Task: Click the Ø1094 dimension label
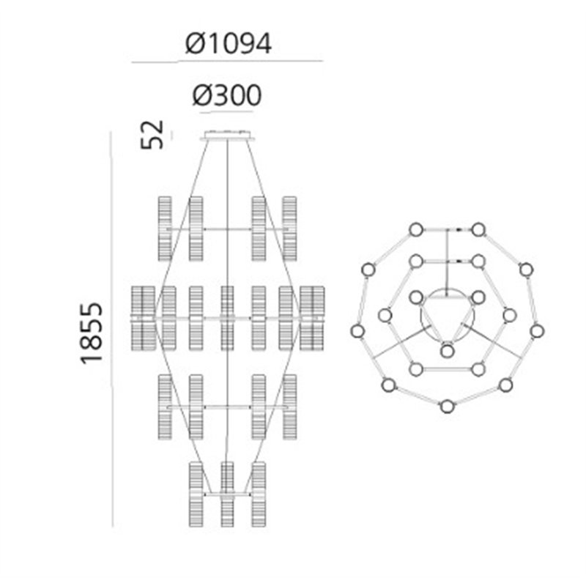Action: pyautogui.click(x=229, y=43)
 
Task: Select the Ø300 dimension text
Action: pyautogui.click(x=227, y=95)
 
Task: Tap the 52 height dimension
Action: pyautogui.click(x=152, y=135)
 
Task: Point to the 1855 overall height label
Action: pyautogui.click(x=91, y=333)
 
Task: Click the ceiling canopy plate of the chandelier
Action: pyautogui.click(x=228, y=136)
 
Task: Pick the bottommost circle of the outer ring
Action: pyautogui.click(x=447, y=407)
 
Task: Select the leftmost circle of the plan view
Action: pyautogui.click(x=357, y=331)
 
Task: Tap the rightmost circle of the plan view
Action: pyautogui.click(x=537, y=331)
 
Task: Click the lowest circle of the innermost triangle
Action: pyautogui.click(x=447, y=351)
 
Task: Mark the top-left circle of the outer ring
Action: pyautogui.click(x=416, y=230)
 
